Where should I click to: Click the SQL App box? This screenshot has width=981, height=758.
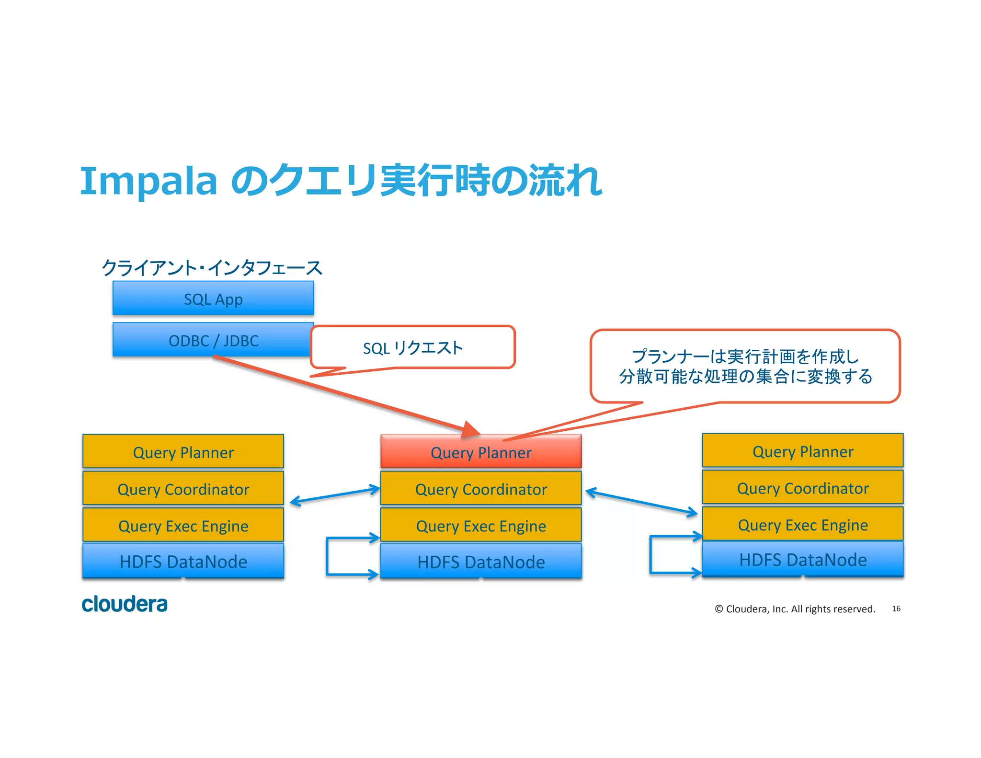213,299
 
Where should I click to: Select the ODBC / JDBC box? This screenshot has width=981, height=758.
213,340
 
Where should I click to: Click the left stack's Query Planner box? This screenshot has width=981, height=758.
183,452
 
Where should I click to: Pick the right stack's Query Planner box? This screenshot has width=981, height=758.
803,451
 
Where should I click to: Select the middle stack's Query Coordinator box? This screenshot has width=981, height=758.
481,489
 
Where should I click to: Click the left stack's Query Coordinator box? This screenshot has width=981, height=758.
183,489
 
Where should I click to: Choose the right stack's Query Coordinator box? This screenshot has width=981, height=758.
803,488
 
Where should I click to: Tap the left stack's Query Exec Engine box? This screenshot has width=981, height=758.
183,526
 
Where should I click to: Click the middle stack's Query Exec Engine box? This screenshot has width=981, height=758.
481,526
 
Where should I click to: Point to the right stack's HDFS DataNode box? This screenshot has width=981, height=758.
803,559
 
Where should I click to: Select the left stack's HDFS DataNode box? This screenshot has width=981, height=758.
183,561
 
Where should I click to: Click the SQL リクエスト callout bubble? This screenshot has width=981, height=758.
413,347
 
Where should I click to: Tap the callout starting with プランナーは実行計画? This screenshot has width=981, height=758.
745,366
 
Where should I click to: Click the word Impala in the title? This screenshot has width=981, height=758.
148,181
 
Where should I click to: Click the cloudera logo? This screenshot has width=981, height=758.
125,604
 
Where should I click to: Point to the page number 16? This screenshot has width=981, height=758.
896,609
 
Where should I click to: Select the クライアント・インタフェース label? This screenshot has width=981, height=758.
212,267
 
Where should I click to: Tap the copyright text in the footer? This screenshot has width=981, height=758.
795,609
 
